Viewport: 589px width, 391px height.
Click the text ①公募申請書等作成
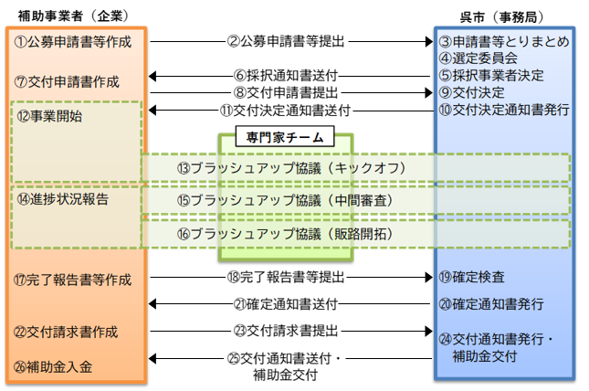pos(73,42)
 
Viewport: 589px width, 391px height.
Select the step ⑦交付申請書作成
pos(68,81)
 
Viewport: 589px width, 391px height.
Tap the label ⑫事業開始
pos(49,116)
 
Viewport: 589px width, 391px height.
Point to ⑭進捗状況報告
pos(62,198)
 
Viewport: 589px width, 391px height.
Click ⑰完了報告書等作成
pos(73,280)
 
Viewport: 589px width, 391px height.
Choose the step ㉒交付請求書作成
pos(67,332)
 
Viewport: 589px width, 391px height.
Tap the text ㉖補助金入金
pos(54,367)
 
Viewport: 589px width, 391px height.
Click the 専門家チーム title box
pos(285,137)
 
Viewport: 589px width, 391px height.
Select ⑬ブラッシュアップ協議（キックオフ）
pos(291,168)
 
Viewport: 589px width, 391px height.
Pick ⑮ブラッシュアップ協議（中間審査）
pos(291,201)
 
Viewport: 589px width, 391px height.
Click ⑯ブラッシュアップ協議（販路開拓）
pos(291,234)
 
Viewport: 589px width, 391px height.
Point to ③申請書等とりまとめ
pos(504,42)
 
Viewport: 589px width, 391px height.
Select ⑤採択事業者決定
pos(491,76)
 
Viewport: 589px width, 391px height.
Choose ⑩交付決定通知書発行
pos(504,110)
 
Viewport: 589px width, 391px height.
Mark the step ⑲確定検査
pos(472,277)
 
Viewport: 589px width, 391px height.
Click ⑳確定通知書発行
pos(491,303)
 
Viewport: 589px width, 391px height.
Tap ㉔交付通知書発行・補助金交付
pos(497,348)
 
